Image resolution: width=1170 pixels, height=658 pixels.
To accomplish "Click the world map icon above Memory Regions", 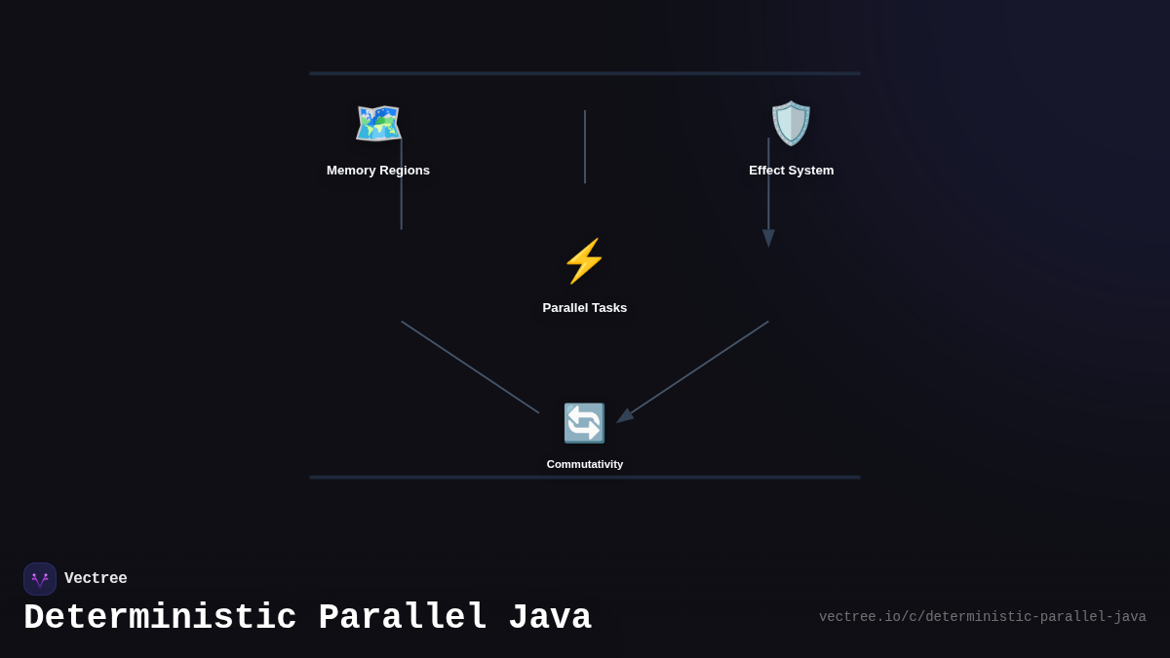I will pos(378,124).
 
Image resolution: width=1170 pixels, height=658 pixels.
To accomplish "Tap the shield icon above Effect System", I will pos(791,124).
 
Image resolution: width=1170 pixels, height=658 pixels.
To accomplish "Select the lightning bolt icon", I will pos(584,261).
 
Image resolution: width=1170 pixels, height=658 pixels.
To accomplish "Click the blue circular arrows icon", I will pos(584,423).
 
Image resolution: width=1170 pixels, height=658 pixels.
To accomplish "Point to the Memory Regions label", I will pos(378,171).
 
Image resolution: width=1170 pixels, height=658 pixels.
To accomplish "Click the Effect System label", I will pos(791,171).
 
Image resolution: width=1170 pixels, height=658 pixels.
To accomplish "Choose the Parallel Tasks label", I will pos(585,308).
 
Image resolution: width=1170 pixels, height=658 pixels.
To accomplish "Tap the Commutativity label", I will pos(585,464).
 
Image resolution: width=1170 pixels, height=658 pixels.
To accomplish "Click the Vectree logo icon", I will pos(40,579).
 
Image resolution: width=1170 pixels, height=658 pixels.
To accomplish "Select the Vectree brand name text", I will pos(96,579).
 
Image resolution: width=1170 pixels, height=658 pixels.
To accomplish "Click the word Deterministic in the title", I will pos(160,618).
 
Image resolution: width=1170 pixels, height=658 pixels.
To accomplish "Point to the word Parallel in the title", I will pos(403,618).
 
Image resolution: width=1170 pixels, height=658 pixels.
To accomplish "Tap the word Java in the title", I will pos(550,618).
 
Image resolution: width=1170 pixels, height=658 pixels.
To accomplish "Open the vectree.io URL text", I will pos(982,617).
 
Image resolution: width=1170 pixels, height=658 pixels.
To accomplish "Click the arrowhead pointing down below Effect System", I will pos(768,238).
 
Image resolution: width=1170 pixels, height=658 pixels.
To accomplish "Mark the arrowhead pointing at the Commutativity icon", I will pos(625,416).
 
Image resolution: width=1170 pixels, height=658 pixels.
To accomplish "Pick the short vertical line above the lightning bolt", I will pos(585,146).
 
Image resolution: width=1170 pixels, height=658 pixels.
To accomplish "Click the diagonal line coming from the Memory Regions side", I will pos(470,368).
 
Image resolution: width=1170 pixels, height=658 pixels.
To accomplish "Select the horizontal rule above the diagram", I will pos(585,73).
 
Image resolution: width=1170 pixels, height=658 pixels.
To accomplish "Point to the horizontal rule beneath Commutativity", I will pos(585,478).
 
